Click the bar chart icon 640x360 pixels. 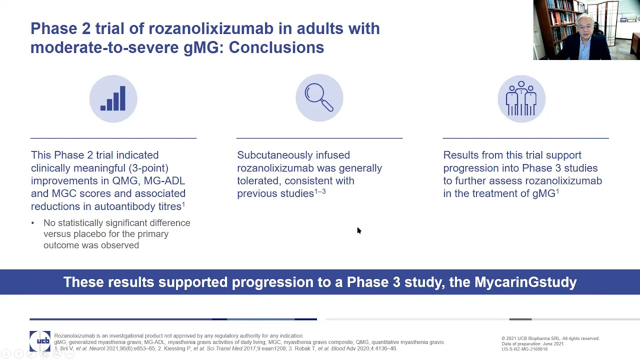113,99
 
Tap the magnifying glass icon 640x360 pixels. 319,98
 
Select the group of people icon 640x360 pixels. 521,98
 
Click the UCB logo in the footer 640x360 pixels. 40,341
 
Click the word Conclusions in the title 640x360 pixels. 276,47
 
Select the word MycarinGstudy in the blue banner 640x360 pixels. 525,282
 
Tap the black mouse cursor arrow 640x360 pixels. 358,230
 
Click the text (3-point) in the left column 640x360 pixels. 148,168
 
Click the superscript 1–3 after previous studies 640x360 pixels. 320,191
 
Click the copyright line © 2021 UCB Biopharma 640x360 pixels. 550,338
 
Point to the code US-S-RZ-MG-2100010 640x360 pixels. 524,349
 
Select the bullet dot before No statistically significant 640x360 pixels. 33,223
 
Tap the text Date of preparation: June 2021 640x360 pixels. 532,344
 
